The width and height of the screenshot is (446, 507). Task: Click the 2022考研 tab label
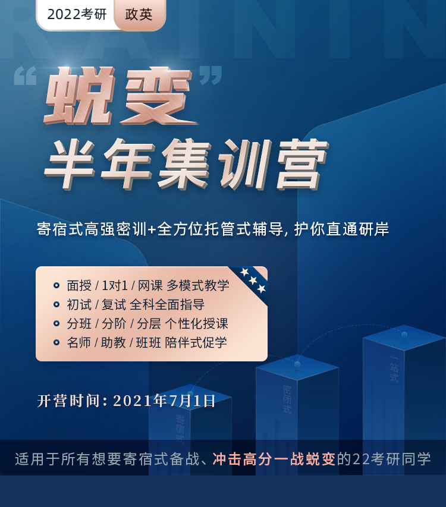point(77,14)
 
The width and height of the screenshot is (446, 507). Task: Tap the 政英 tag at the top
point(139,14)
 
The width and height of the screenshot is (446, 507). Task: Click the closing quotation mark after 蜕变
point(211,75)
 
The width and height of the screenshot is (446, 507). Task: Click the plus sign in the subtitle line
point(152,229)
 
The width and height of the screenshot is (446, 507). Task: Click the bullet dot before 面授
point(56,285)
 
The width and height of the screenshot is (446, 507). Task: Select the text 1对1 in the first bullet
point(115,285)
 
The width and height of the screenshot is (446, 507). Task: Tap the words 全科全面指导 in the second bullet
point(167,304)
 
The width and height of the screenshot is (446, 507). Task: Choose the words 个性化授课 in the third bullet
point(197,324)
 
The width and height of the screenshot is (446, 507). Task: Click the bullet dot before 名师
point(56,342)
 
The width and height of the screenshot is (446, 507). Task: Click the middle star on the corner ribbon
point(253,281)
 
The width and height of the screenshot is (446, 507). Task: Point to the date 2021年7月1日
point(164,401)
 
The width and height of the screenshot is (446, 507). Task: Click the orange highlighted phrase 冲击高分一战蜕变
point(274,459)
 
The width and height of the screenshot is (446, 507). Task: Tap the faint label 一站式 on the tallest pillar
point(394,369)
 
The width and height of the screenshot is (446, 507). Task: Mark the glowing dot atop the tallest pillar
point(404,335)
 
